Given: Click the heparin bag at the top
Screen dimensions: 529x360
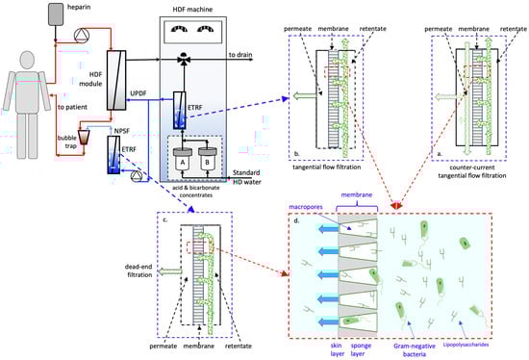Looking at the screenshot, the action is pos(56,14).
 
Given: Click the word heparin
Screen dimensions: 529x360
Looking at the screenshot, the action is pos(79,7).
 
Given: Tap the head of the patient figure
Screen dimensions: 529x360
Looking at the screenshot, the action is pos(27,61).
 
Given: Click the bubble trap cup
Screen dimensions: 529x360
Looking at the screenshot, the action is pos(84,137).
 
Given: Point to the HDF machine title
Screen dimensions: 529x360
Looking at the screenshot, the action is pos(192,10).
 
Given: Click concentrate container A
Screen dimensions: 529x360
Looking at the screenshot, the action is pos(183,160).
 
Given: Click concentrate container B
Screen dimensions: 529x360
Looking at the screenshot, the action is pos(207,160).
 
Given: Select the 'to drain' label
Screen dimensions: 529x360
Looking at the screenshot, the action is pos(240,55).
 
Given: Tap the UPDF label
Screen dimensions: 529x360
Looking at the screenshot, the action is pos(139,93).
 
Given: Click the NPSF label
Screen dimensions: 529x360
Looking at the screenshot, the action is pos(122,131).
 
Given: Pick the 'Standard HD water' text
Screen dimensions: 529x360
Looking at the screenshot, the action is pos(246,177).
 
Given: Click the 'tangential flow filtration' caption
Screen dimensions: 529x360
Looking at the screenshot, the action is pos(327,167).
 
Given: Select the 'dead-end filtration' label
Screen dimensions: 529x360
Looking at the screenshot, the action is pos(139,270).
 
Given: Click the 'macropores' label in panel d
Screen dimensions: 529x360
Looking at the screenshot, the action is pos(306,207).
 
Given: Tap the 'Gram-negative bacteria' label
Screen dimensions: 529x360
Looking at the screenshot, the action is pos(414,350).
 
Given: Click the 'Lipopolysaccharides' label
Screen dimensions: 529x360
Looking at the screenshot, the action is pos(466,345).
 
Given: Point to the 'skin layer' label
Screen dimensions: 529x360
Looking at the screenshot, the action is pos(338,349).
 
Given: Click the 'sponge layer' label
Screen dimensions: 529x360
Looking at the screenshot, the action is pos(361,349).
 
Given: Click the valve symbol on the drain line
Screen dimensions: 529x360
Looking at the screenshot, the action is pos(185,59).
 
